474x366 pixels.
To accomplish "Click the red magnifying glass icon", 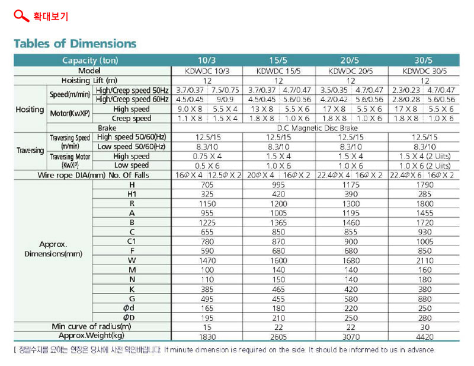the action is coord(21,16).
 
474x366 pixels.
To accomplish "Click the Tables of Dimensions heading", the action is coord(75,43).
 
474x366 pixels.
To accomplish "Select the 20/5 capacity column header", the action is coord(350,61).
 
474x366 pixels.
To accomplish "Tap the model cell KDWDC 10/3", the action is coord(207,71).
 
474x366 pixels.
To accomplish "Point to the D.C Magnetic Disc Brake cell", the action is coord(318,128).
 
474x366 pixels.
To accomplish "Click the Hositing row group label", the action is coord(30,109).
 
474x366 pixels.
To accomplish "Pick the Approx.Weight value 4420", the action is coord(425,336).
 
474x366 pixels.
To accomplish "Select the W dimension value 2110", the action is coord(425,260).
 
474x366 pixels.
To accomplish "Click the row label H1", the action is coord(132,194).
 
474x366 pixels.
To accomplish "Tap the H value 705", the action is coord(207,184).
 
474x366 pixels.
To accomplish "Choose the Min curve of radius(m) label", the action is coord(91,326).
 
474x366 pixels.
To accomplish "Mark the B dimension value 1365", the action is coord(278,222).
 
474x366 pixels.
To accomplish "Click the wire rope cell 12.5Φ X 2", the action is coord(225,175).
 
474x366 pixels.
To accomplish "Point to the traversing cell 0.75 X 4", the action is coord(207,156).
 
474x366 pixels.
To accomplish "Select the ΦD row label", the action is coord(129,317).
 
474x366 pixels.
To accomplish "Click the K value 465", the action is coord(278,289).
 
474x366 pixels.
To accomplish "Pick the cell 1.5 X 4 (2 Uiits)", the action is coord(425,156).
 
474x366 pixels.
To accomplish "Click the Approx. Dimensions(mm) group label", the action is coord(53,249).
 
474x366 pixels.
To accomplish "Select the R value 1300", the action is coord(351,203).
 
